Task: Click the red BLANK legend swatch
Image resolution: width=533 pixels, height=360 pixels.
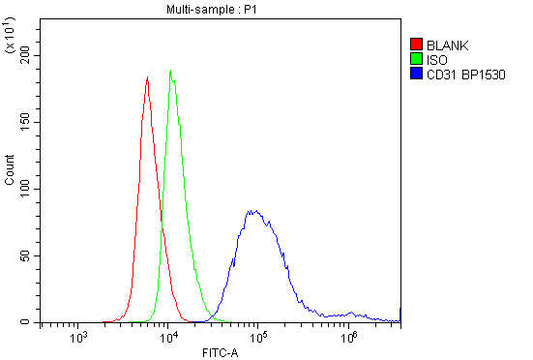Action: coord(416,45)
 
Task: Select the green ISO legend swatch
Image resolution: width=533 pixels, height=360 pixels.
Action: coord(416,59)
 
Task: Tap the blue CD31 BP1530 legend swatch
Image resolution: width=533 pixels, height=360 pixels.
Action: coord(416,74)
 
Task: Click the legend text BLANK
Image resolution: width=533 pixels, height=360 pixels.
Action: coord(447,45)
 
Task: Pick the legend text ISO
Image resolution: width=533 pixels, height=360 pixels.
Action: coord(436,59)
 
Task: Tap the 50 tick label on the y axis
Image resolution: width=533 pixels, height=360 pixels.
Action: coord(27,255)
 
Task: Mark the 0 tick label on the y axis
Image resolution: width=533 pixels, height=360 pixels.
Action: coord(30,321)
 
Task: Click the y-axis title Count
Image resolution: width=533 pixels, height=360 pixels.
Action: coord(10,170)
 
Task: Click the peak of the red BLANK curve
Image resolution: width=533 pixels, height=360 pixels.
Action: coord(147,77)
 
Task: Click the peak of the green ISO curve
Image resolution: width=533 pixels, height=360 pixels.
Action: coord(171,70)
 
